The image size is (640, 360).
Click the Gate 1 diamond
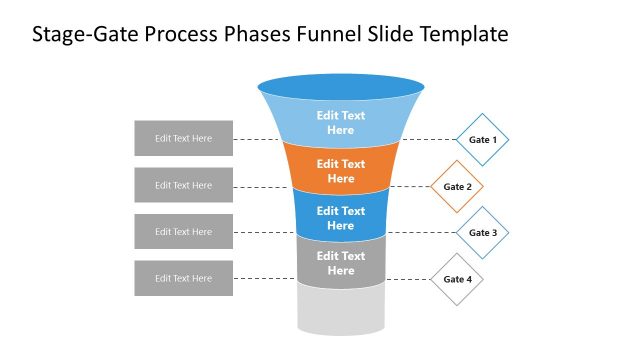pos(483,139)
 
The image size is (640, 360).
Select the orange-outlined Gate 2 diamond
pos(457,186)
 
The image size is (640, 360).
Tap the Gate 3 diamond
pos(483,232)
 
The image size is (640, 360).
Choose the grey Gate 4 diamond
pos(457,279)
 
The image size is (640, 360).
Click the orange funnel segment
pos(341,171)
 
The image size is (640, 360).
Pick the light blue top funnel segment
pos(341,123)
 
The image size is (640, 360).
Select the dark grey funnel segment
pos(341,263)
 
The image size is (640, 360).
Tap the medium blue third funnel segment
pos(341,218)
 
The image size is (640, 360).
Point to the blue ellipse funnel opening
pos(341,87)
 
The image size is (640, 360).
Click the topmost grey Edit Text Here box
pos(184,139)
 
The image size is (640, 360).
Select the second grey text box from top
pos(184,185)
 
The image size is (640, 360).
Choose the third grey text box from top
pos(184,232)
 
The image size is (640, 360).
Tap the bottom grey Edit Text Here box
pos(184,278)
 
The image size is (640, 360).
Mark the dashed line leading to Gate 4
pos(408,279)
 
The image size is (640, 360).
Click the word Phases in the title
pos(257,35)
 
